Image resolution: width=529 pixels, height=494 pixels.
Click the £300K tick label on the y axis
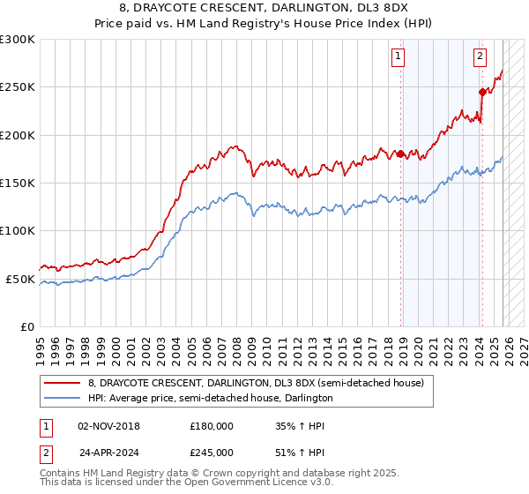pos(18,40)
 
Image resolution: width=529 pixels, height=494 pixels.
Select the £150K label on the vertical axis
pos(18,183)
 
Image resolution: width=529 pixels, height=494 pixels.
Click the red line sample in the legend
pos(62,383)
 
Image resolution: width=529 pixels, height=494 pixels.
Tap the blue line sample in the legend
pos(62,398)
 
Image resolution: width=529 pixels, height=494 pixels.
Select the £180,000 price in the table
pos(212,426)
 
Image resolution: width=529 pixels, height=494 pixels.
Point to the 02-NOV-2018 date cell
pos(109,426)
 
